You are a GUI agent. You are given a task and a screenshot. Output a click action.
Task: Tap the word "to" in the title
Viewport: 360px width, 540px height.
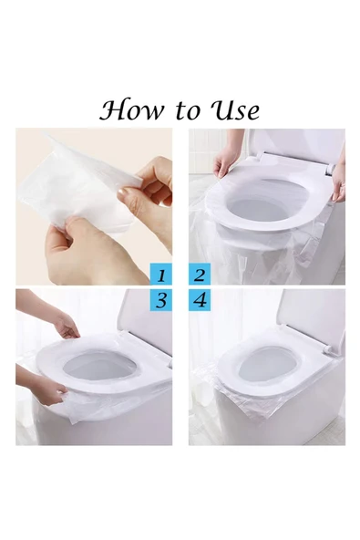coord(188,111)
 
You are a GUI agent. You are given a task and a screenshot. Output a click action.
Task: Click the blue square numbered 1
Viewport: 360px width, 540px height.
coord(161,275)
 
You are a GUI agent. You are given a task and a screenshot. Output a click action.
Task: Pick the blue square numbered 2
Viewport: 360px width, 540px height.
coord(200,275)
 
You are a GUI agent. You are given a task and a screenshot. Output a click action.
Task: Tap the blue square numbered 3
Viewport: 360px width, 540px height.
coord(161,301)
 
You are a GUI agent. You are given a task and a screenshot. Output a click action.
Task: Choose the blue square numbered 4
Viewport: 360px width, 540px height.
coord(200,301)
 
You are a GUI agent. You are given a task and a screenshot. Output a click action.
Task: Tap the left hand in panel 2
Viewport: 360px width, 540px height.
coord(224,161)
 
